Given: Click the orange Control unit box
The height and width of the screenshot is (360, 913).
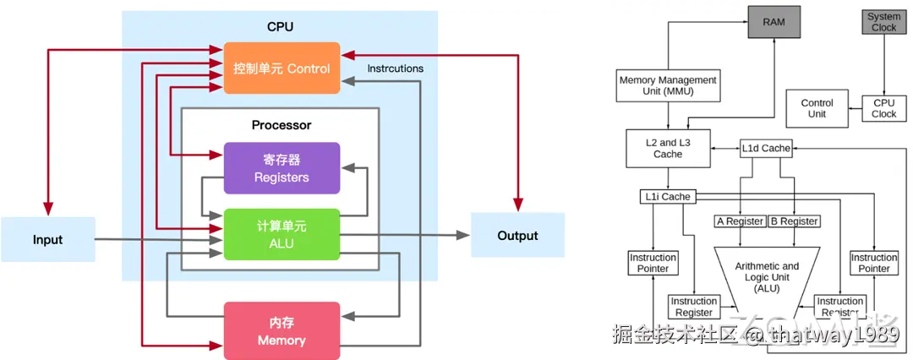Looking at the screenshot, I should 282,68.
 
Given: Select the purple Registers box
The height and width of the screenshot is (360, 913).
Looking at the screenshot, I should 282,168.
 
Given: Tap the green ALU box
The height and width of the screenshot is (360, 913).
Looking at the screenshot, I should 282,233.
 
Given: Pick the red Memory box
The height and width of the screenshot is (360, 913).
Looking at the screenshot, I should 282,330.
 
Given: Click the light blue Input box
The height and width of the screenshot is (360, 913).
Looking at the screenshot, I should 47,239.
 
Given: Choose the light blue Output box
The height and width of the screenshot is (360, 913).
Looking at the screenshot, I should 517,235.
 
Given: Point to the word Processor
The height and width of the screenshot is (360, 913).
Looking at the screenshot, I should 282,125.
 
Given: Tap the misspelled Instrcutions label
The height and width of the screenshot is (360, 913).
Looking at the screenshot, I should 396,68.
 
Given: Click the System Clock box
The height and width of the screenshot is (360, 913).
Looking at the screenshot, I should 883,22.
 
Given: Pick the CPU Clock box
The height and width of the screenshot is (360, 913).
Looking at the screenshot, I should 883,108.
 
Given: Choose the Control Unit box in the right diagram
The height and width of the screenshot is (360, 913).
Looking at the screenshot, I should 817,108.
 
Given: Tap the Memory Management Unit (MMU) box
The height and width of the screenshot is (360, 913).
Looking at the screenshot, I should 668,85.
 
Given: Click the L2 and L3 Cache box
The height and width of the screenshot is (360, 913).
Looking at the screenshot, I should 668,148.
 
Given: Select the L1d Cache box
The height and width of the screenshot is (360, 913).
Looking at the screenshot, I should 766,148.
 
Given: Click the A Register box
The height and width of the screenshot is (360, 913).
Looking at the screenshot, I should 740,221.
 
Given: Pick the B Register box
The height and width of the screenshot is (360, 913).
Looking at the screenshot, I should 795,221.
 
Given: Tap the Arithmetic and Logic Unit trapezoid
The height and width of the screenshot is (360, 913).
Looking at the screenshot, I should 767,275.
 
